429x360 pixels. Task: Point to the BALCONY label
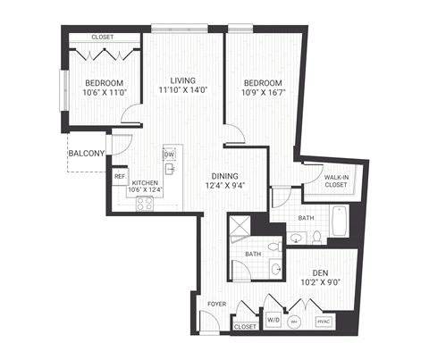(x=87, y=154)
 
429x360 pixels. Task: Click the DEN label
(x=323, y=272)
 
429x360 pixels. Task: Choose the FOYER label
(x=217, y=305)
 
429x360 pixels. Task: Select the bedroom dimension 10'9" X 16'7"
(x=264, y=91)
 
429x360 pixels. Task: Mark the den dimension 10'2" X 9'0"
(x=323, y=284)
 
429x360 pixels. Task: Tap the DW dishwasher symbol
(x=169, y=153)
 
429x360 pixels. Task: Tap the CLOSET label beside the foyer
(x=245, y=328)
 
